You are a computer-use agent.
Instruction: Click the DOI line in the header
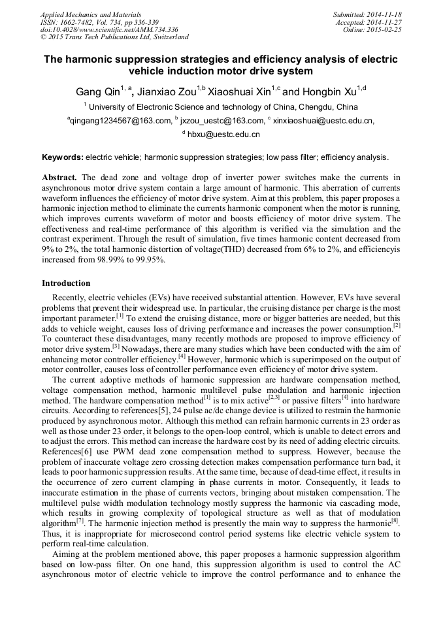(109, 30)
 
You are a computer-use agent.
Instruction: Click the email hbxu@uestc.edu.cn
(224, 134)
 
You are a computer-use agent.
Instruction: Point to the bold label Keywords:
(63, 157)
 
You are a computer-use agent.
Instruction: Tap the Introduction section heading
(66, 283)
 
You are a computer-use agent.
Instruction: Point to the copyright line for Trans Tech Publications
(115, 38)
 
